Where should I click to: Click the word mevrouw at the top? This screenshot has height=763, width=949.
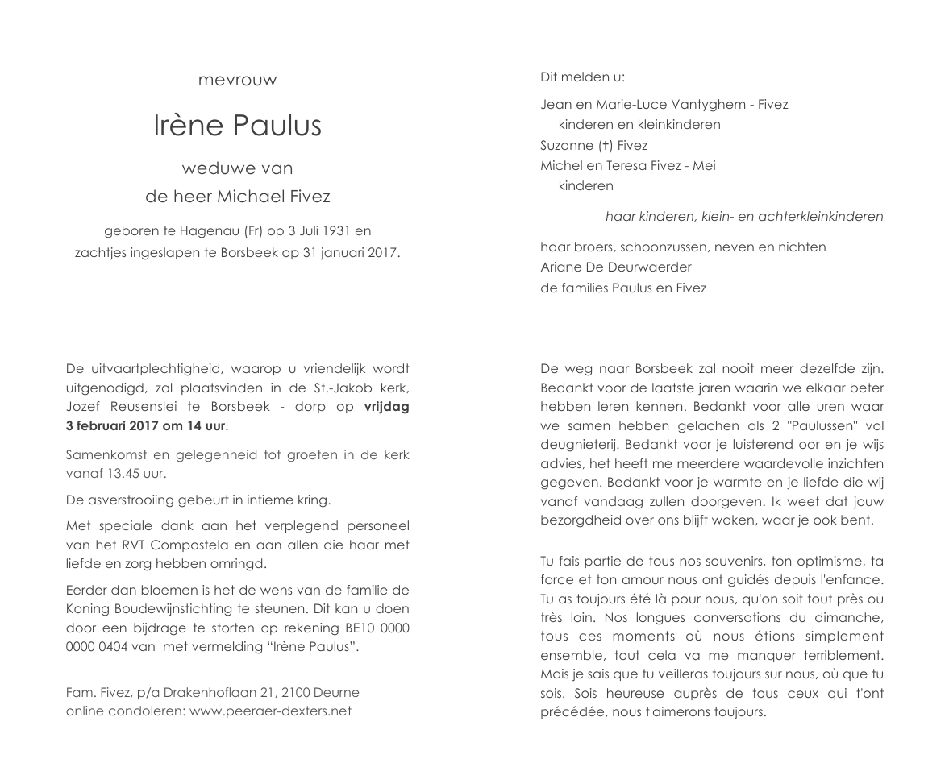(x=237, y=80)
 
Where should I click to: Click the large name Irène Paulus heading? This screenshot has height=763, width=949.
(x=237, y=126)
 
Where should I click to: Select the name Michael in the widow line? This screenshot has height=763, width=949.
(x=253, y=196)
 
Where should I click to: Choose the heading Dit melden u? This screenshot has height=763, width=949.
(x=582, y=77)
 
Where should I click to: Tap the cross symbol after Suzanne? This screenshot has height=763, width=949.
(x=601, y=146)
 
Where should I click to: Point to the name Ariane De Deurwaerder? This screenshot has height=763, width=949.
(x=616, y=267)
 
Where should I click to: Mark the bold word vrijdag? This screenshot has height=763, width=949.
(x=386, y=407)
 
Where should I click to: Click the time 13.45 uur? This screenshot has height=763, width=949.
(x=132, y=474)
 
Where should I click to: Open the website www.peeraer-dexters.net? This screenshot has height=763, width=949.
(x=271, y=711)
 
